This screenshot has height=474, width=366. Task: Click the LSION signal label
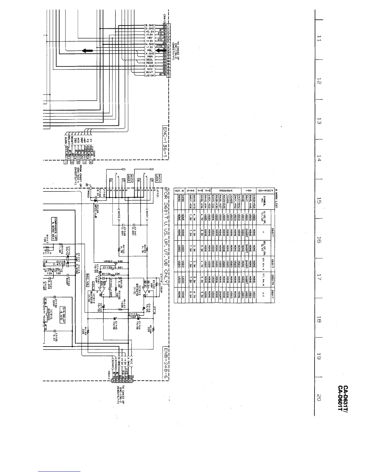tap(150, 75)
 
